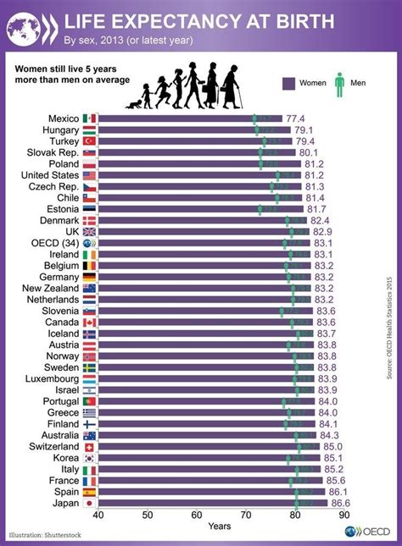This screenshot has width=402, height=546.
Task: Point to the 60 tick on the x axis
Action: tap(197, 515)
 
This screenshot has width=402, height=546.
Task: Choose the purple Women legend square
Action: tap(285, 83)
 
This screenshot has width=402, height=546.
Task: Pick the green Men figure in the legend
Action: tap(340, 82)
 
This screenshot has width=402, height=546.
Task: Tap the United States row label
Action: tap(50, 174)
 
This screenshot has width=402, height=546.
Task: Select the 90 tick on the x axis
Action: tap(344, 515)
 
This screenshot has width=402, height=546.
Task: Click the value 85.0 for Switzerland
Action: tap(333, 446)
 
